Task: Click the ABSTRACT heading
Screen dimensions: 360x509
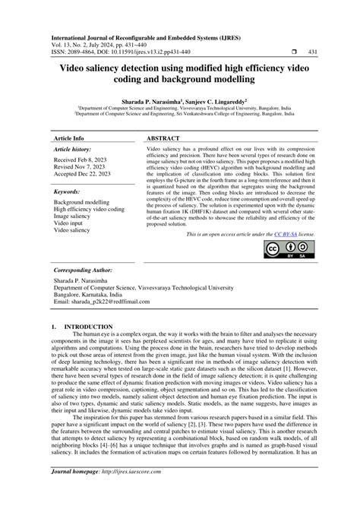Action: pyautogui.click(x=165, y=140)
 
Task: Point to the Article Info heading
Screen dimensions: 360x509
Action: pyautogui.click(x=68, y=140)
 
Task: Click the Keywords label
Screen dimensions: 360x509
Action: pyautogui.click(x=67, y=192)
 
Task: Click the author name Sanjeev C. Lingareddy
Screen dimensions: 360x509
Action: pyautogui.click(x=225, y=99)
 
